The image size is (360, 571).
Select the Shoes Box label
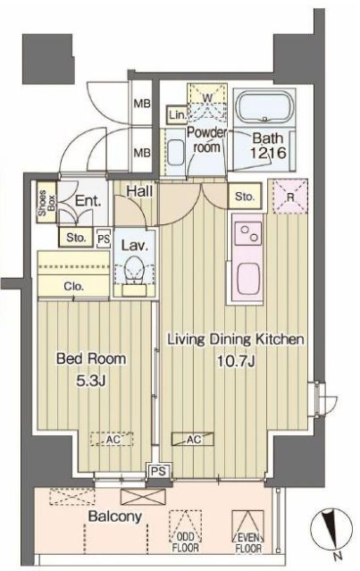point(47,202)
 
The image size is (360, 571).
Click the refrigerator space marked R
point(290,197)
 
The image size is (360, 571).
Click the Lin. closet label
point(177,115)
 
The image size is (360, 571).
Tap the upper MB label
point(142,104)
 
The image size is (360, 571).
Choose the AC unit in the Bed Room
point(112,439)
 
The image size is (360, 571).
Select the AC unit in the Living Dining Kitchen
point(193,439)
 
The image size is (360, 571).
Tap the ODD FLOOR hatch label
point(185,542)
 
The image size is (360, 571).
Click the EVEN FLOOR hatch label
point(248,542)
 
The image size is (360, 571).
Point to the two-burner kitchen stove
point(247,233)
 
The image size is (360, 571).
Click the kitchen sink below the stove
point(248,278)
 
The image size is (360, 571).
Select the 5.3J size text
point(90,381)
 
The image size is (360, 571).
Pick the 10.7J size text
point(236,362)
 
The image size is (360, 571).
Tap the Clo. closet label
point(73,286)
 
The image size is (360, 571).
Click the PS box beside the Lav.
point(104,239)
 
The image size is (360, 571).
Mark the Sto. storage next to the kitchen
point(244,197)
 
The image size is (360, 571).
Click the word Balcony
point(115,516)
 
